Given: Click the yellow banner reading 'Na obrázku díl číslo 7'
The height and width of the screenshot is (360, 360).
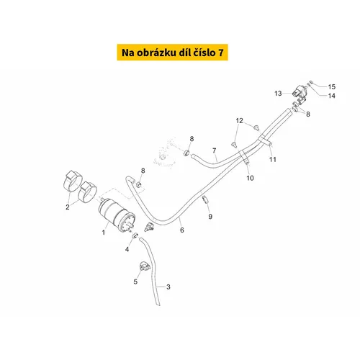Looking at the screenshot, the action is (x=172, y=53).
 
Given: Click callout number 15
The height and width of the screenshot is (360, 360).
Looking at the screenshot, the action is (x=332, y=86).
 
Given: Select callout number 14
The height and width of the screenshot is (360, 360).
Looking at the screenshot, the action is (x=332, y=96).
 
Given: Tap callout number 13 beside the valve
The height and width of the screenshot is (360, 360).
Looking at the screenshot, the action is (x=278, y=93).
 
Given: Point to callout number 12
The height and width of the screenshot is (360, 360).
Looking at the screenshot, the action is (x=239, y=120).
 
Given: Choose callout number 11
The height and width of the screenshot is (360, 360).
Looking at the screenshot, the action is (x=273, y=159).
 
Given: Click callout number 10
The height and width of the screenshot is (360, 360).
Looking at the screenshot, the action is (x=250, y=178).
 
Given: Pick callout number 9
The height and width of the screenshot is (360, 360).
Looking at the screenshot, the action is (x=210, y=217).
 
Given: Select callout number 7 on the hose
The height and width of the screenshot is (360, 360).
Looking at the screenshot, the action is (x=215, y=150).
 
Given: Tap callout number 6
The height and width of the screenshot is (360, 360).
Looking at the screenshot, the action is (x=182, y=230).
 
